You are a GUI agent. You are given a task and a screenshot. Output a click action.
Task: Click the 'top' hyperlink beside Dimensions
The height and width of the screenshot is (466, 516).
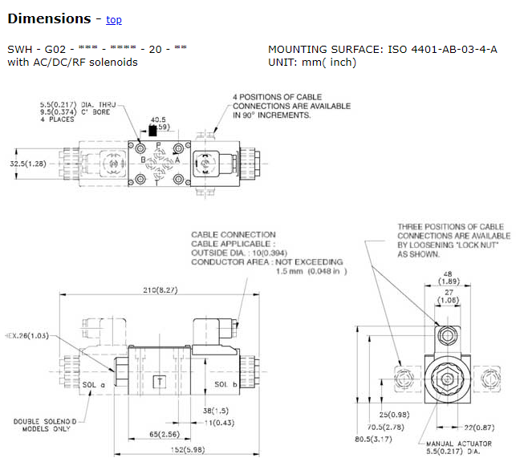(x=114, y=20)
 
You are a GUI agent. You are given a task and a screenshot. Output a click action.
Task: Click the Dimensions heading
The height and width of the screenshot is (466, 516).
(x=48, y=18)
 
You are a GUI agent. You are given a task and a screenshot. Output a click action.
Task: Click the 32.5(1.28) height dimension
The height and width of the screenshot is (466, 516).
(x=26, y=163)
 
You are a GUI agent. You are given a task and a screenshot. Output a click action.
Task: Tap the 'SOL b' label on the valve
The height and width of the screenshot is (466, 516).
(x=225, y=384)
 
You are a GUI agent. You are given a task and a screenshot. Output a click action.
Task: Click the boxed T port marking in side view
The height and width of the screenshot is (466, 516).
(x=160, y=382)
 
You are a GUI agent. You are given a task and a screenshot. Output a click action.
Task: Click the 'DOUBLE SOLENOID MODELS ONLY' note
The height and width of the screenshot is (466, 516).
(x=46, y=426)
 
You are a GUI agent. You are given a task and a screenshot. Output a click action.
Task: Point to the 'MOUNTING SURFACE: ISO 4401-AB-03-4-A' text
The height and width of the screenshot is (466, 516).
(x=382, y=49)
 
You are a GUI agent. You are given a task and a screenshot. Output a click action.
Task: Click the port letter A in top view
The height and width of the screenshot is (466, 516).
(x=177, y=160)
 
